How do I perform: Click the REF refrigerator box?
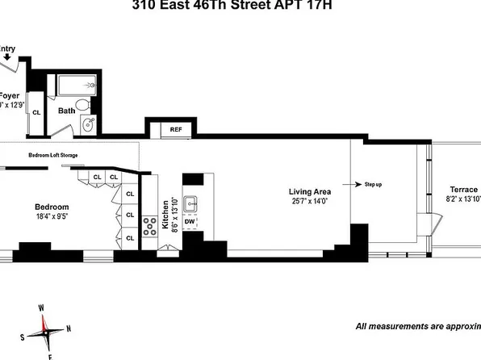pyautogui.click(x=175, y=129)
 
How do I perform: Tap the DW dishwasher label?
pyautogui.click(x=190, y=220)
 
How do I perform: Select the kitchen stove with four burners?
pyautogui.click(x=150, y=226)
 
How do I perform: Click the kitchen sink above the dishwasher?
pyautogui.click(x=190, y=203)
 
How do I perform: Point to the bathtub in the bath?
pyautogui.click(x=77, y=85)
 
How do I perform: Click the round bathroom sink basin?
pyautogui.click(x=89, y=125)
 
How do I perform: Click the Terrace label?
pyautogui.click(x=463, y=189)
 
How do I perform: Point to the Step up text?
pyautogui.click(x=373, y=185)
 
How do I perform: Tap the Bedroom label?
pyautogui.click(x=51, y=206)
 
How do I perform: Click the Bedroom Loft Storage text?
pyautogui.click(x=53, y=154)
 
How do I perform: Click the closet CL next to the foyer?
pyautogui.click(x=36, y=113)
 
